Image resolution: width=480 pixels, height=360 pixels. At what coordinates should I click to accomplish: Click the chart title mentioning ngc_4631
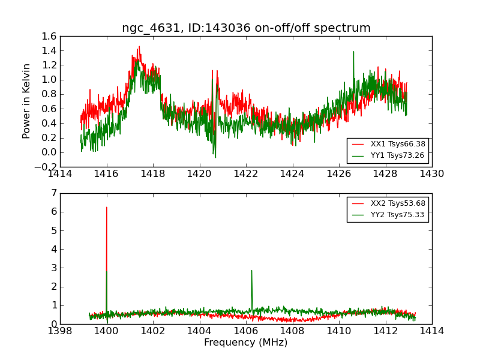[x=246, y=28]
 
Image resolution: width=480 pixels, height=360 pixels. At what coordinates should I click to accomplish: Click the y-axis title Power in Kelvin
[x=26, y=101]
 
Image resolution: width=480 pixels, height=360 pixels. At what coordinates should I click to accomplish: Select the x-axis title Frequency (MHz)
[x=245, y=343]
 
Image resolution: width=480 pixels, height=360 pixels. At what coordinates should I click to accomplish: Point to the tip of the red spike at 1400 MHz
[x=107, y=208]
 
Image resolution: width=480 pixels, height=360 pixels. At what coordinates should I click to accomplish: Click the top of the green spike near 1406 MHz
[x=251, y=271]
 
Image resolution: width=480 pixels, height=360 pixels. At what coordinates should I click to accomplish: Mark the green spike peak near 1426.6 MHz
[x=353, y=52]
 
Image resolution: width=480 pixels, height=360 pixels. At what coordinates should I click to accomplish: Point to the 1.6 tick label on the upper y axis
[x=50, y=36]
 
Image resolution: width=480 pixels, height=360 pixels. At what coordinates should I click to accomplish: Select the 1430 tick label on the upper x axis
[x=431, y=175]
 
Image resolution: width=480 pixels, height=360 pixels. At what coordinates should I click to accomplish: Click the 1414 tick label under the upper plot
[x=61, y=175]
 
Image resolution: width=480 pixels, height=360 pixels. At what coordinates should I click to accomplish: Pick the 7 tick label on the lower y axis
[x=53, y=193]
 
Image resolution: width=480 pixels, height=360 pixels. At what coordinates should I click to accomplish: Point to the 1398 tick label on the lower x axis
[x=61, y=331]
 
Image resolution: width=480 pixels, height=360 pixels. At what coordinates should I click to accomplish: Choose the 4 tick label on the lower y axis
[x=53, y=249]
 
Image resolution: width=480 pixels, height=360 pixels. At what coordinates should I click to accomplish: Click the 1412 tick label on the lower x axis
[x=385, y=331]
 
